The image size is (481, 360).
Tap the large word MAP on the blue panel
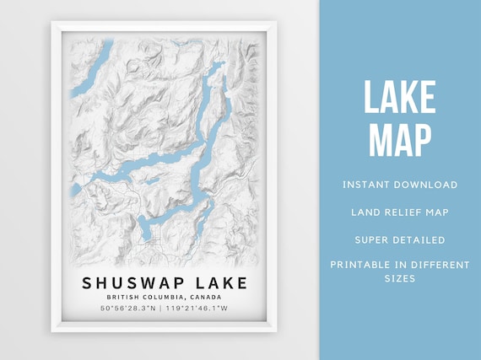399,138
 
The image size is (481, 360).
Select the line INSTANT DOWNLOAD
400,185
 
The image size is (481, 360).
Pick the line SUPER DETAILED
400,239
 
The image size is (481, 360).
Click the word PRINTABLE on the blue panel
363,265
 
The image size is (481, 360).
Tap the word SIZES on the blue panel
400,277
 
